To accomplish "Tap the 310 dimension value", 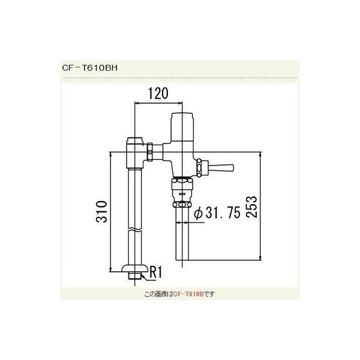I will point(103,210).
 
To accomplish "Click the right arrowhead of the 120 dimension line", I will point(178,104).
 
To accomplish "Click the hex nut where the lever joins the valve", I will point(202,166).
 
